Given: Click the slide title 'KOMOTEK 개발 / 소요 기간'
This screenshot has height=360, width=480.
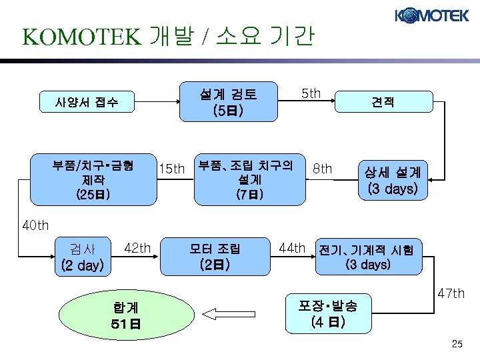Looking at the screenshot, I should point(167,37).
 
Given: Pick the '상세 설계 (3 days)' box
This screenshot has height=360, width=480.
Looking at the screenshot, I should point(392,180).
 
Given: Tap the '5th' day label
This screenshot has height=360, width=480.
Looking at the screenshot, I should point(311,93).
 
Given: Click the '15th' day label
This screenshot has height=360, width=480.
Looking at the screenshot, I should point(171,169).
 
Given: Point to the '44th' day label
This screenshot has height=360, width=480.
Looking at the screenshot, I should point(292,248).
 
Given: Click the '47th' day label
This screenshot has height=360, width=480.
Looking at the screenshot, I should point(451,293).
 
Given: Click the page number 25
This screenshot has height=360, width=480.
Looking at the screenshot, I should point(457,344).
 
